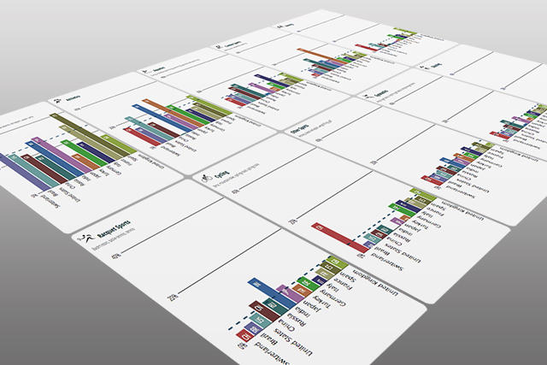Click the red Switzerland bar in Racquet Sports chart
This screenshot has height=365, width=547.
243,344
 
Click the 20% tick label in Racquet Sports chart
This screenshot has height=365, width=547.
174,298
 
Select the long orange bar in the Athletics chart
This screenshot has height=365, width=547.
170,107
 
